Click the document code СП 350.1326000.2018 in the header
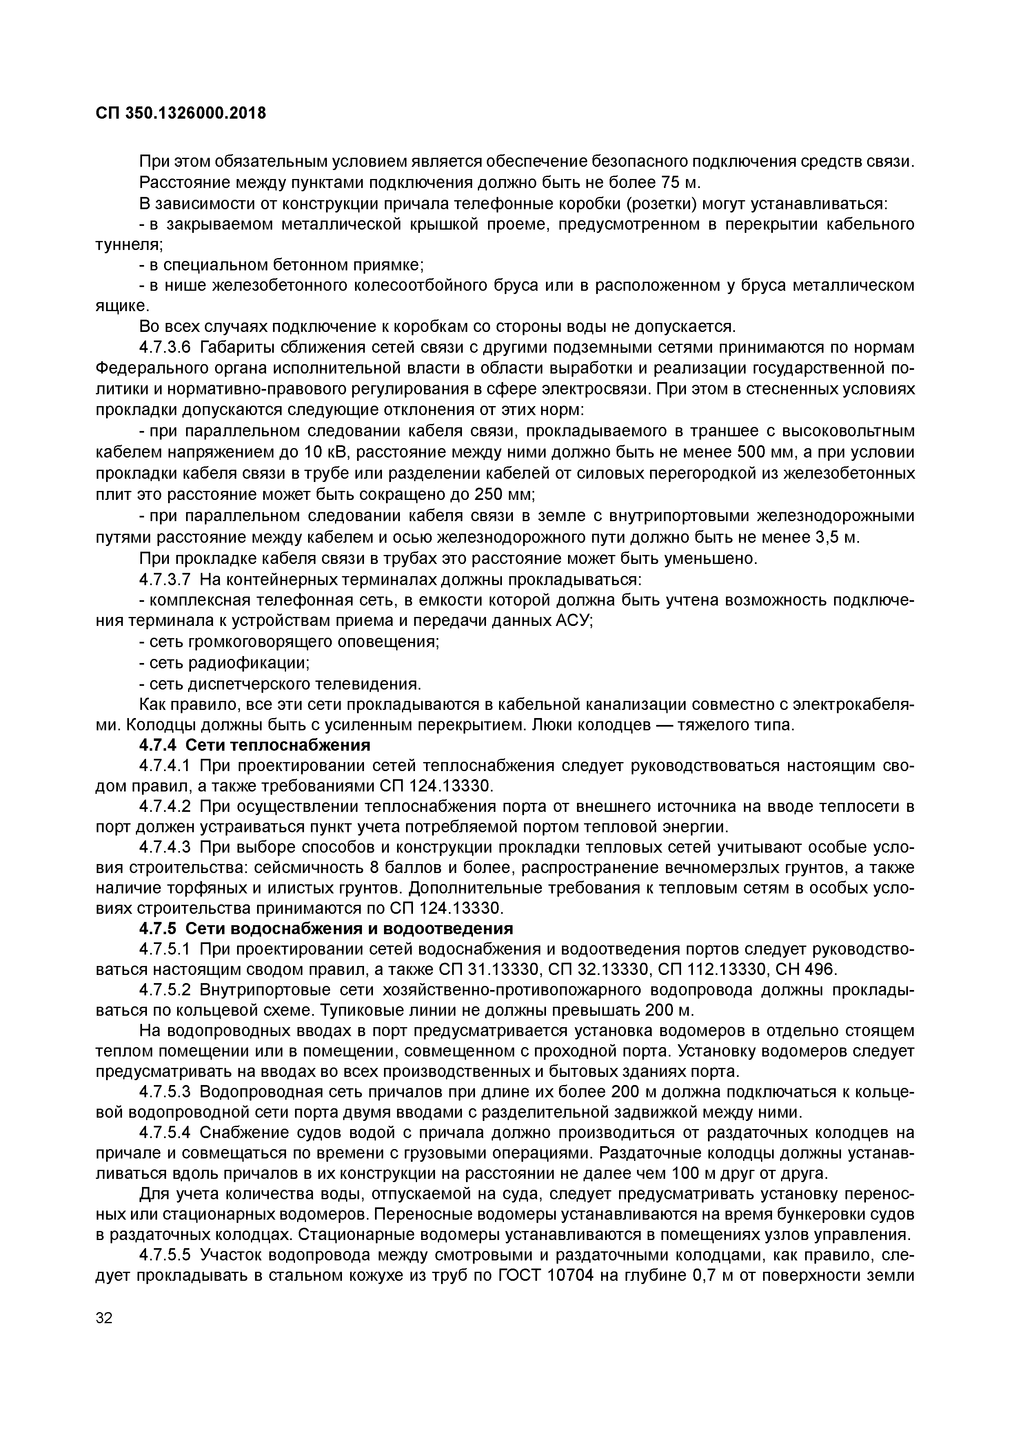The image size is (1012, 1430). [181, 113]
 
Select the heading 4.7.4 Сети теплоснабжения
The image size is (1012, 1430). [254, 745]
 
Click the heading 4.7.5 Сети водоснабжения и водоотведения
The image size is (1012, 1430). [325, 928]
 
